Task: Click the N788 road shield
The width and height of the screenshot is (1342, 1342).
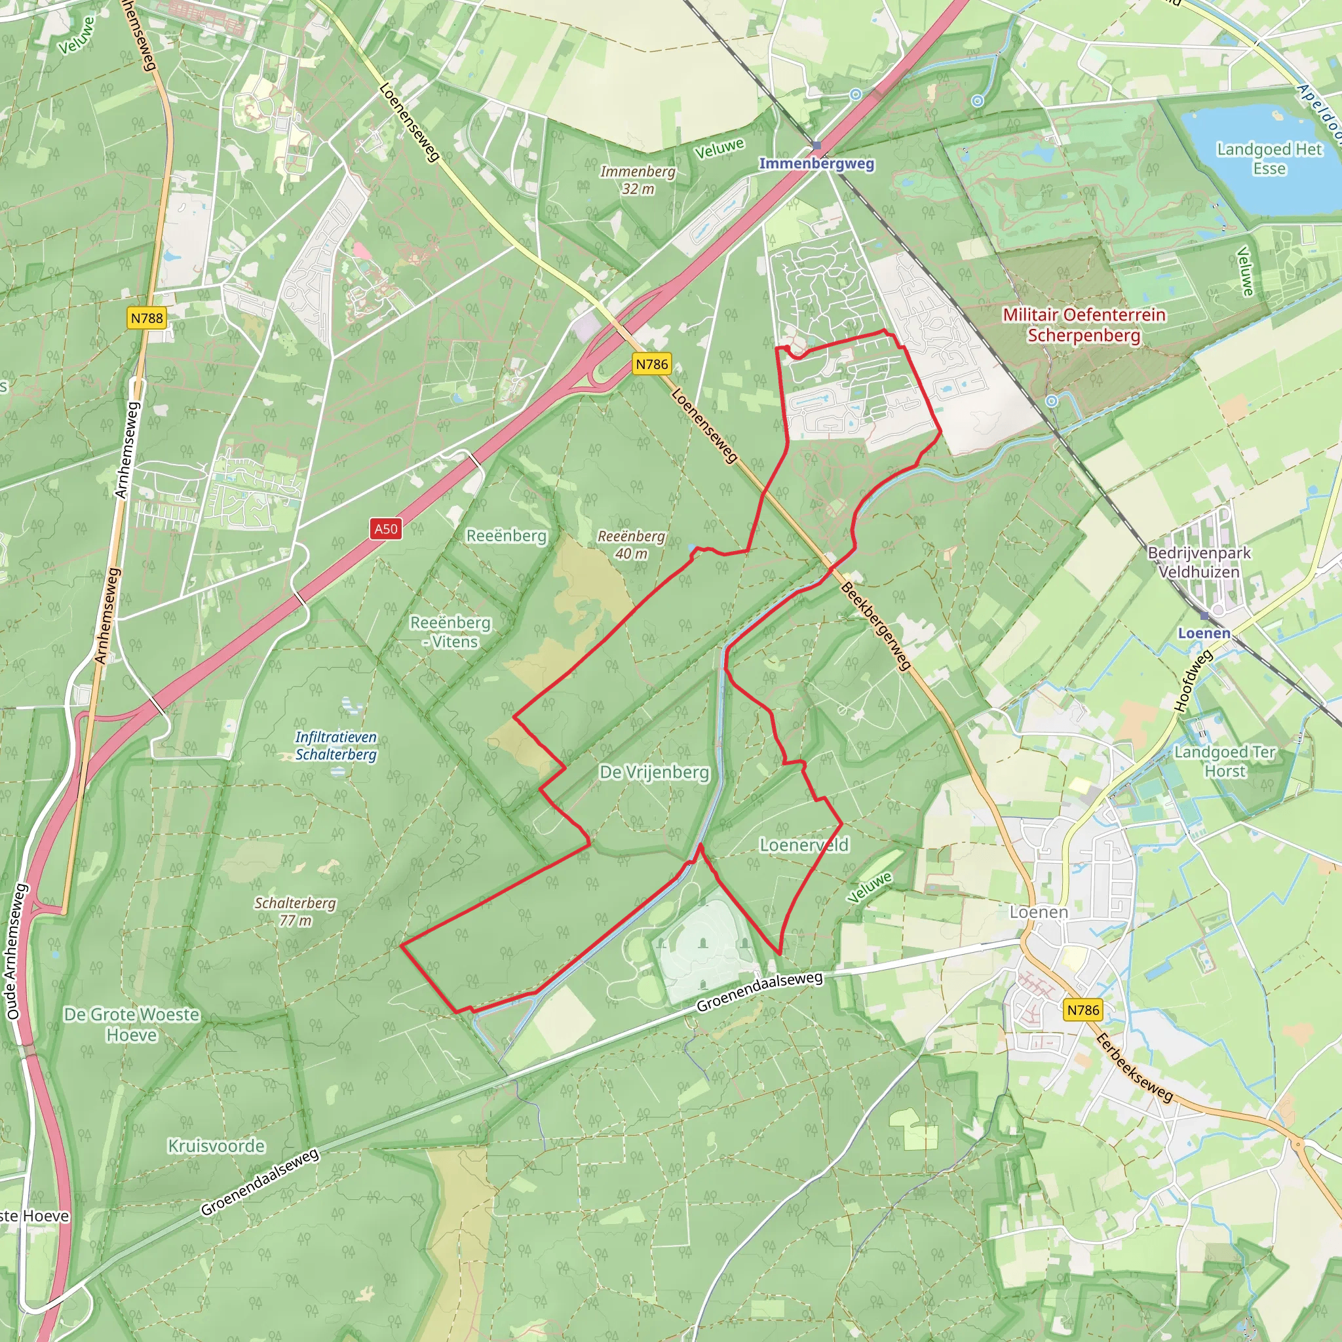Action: pos(147,318)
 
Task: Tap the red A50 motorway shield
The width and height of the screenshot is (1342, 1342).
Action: pos(385,529)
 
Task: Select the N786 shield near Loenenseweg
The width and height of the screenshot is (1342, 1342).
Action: pos(651,364)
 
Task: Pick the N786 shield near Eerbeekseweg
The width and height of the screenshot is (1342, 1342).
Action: pos(1083,1010)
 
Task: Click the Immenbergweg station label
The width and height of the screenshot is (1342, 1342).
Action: pos(816,163)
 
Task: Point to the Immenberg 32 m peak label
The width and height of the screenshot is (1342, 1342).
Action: pos(638,180)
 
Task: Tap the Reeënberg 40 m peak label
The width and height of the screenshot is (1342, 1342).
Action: pos(632,545)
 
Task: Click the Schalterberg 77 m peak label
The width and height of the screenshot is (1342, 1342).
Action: pos(296,911)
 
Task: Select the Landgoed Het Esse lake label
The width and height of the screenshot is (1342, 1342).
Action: pos(1269,159)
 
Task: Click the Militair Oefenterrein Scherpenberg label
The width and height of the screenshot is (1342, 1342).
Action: pos(1084,325)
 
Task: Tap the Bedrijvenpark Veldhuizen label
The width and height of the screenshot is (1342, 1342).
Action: pos(1199,563)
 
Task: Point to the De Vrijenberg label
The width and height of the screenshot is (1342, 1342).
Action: pos(655,773)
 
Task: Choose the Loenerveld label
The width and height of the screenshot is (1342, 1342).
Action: pos(803,845)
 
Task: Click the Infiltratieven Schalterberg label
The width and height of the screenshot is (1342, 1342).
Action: pos(336,745)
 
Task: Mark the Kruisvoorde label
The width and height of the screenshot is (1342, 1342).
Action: pos(217,1145)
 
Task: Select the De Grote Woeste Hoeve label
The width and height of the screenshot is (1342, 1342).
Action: pos(131,1025)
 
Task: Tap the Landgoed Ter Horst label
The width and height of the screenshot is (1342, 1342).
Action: pos(1225,761)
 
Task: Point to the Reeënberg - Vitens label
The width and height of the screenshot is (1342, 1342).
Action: pos(450,632)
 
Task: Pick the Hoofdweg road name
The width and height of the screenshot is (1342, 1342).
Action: pos(1193,680)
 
